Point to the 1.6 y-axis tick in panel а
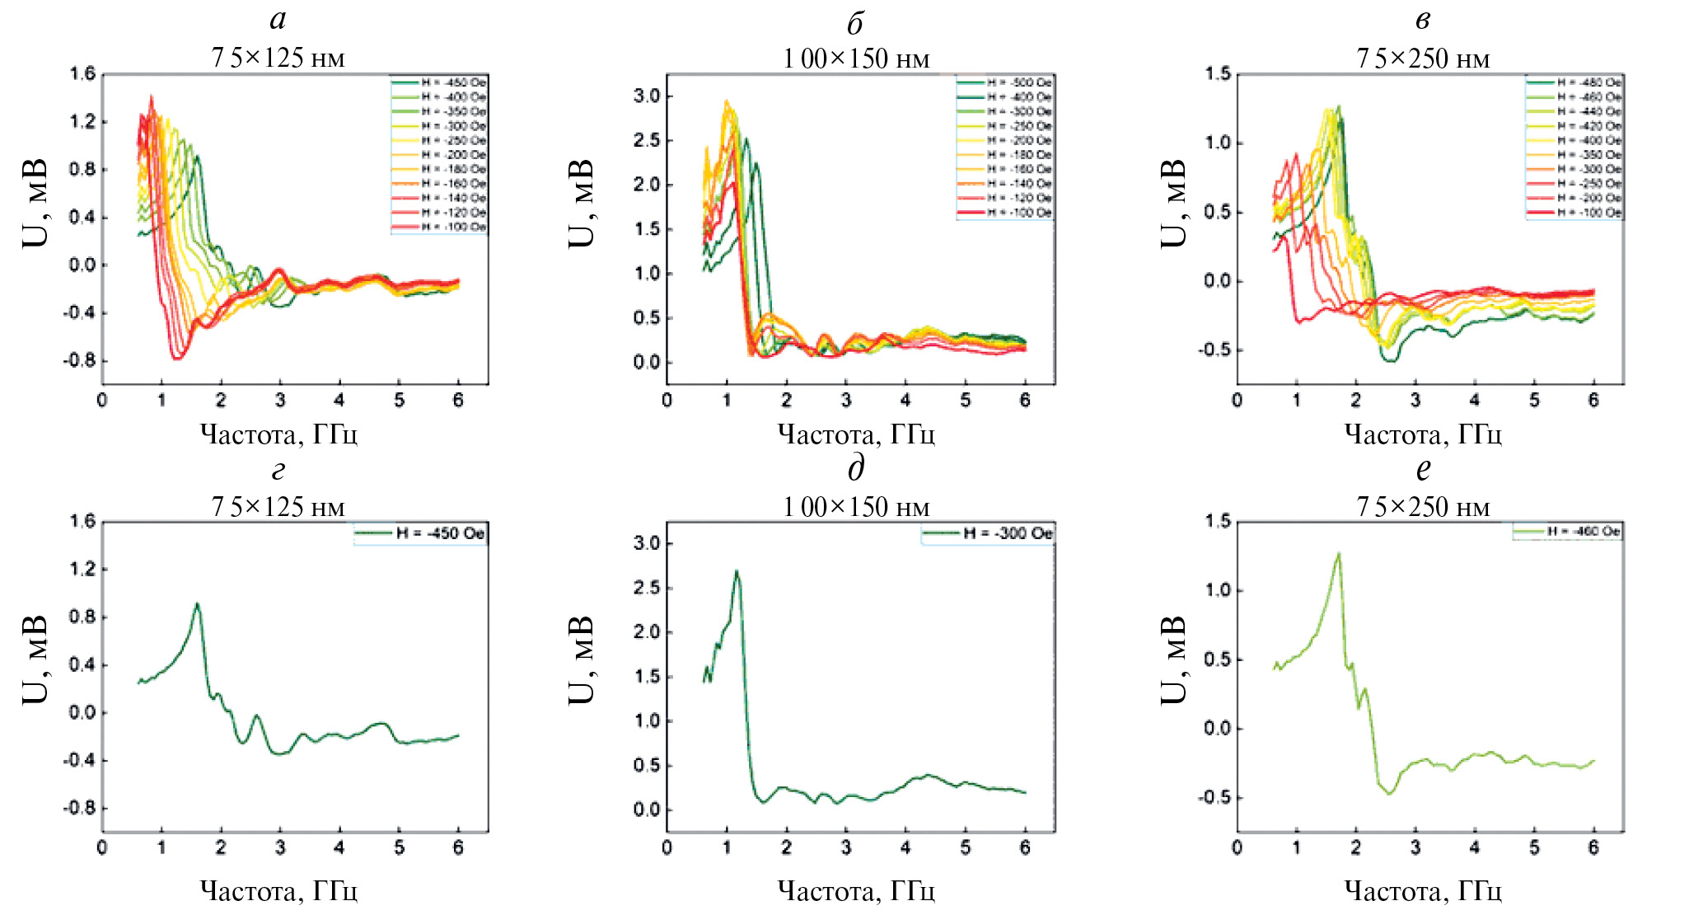coord(83,75)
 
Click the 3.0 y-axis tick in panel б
coord(647,96)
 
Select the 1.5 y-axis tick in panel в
coord(1218,74)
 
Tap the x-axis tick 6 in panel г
coord(458,847)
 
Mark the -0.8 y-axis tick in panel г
coord(80,809)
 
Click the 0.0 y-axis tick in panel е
coord(1218,729)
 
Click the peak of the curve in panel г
coord(197,604)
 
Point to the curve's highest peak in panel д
coord(737,571)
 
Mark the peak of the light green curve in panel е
coord(1339,554)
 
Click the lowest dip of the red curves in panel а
coord(177,358)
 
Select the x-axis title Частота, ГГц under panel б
coord(856,434)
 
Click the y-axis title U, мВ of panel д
coord(582,659)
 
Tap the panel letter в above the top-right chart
coord(1423,21)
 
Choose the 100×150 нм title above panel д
coord(856,507)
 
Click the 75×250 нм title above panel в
coord(1423,59)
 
